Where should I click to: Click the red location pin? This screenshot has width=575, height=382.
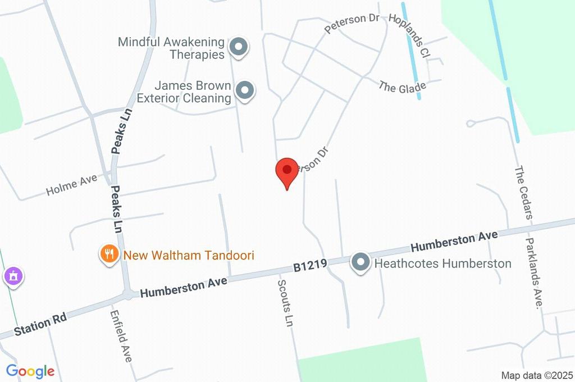pos(287,171)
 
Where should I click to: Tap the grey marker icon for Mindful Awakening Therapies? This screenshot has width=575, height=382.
pos(239,48)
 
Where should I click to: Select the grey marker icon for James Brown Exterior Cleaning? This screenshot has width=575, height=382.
pos(244,91)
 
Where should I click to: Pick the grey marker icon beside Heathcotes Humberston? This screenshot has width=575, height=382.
pos(360,262)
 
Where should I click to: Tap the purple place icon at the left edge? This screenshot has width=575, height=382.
pos(13,276)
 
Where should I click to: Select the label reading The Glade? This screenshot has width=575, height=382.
pos(402,87)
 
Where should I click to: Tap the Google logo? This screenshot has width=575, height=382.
pos(30,371)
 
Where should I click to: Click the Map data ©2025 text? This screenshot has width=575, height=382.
pos(537,375)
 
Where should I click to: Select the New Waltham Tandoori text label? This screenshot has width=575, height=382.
pos(189,256)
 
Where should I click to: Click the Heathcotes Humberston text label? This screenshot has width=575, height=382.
pos(442,263)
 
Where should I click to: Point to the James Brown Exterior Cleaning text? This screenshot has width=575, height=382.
pos(193,92)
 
